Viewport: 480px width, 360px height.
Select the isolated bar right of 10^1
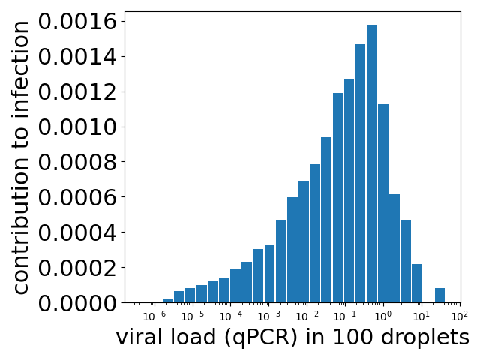439,295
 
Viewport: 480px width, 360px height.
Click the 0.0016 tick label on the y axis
78,22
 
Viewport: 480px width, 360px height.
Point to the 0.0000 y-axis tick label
78,303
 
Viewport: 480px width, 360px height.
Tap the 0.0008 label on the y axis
78,163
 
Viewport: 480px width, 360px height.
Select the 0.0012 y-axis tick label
78,92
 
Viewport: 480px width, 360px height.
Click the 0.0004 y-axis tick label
78,232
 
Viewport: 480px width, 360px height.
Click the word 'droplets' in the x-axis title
425,338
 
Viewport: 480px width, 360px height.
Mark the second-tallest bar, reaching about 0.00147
361,173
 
